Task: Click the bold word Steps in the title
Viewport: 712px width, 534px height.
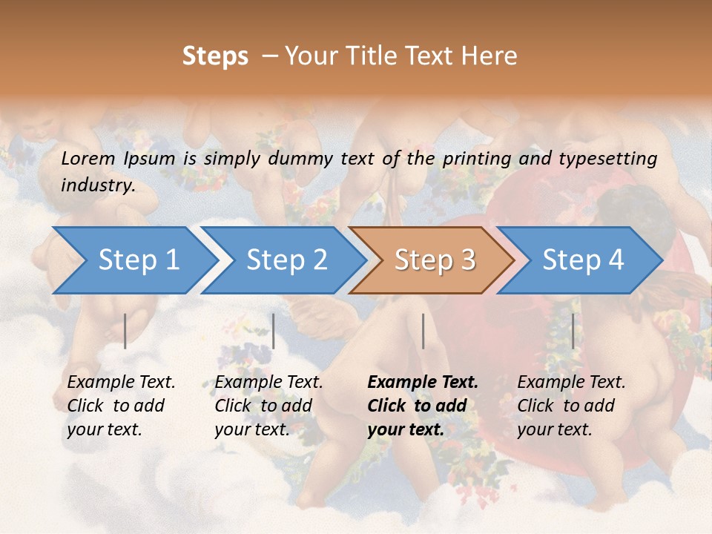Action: pyautogui.click(x=215, y=56)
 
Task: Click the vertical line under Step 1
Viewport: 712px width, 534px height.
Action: pyautogui.click(x=125, y=331)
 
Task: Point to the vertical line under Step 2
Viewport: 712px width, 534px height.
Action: pyautogui.click(x=274, y=331)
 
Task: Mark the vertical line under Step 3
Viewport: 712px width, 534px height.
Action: pyautogui.click(x=423, y=331)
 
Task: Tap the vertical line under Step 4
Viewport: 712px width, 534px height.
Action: pyautogui.click(x=573, y=331)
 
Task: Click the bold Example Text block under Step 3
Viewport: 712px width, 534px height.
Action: pyautogui.click(x=423, y=406)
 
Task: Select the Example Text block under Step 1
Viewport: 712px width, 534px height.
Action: pyautogui.click(x=121, y=406)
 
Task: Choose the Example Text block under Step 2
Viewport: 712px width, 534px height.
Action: pyautogui.click(x=268, y=406)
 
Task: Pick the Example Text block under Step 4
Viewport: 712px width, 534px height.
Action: pyautogui.click(x=571, y=406)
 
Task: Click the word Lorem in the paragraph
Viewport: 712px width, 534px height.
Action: pyautogui.click(x=88, y=158)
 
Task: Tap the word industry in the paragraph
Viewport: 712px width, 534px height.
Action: pyautogui.click(x=98, y=185)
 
